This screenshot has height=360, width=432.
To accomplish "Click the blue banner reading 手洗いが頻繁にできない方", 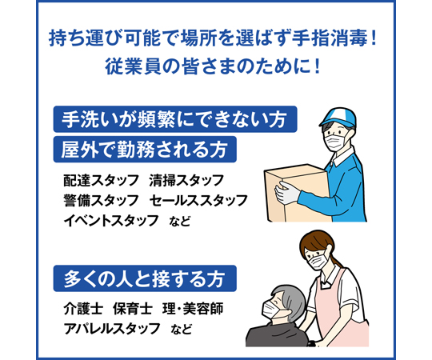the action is point(175,119).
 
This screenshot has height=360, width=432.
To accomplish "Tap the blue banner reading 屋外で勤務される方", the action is point(145,150).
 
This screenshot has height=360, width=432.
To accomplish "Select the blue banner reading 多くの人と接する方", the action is point(145,278).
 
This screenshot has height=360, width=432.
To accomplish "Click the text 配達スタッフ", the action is point(101,181).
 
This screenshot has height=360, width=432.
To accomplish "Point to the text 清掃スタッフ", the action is point(186,181).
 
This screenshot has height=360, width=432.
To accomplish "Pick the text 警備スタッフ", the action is point(101,201).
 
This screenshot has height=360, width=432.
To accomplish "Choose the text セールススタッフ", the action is point(198,201).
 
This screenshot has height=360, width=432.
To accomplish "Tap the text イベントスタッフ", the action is point(111,221).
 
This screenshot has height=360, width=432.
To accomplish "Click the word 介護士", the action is point(83,309).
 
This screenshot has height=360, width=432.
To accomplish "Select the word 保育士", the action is point(133,309).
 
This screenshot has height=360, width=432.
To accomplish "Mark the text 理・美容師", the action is point(193,309).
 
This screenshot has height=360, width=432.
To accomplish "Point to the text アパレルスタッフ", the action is point(111,328).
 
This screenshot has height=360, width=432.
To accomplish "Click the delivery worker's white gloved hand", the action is point(287,192).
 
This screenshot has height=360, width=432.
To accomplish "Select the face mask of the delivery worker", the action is point(334,140).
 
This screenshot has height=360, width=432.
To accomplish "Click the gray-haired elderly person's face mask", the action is point(273,310).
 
